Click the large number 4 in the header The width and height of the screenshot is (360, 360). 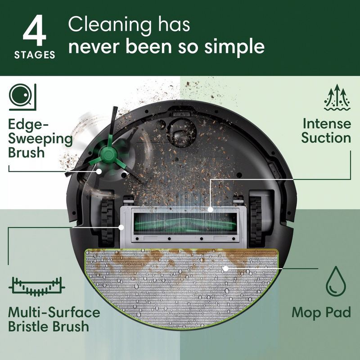[x=35, y=33]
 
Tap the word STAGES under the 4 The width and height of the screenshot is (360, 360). [x=35, y=55]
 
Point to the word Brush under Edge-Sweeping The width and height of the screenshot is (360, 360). [x=27, y=152]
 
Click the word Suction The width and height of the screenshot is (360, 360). [x=326, y=137]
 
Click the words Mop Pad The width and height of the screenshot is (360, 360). [x=321, y=312]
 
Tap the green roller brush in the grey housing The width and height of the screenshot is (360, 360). [x=188, y=221]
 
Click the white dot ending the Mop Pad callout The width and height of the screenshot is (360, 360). [x=225, y=269]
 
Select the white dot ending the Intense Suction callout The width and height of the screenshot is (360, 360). [x=210, y=209]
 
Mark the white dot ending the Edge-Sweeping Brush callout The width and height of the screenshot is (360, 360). [x=99, y=171]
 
